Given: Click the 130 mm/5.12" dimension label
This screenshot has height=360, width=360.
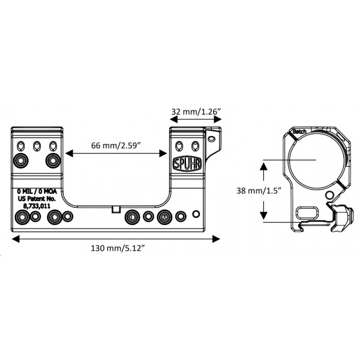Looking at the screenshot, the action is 118,248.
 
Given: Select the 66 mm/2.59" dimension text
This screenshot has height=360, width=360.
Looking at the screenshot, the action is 116,145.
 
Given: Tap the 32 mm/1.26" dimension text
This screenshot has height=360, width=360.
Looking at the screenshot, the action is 196,112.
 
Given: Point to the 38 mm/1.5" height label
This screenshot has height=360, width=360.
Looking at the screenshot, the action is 259,191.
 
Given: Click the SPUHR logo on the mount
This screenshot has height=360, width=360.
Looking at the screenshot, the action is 187,164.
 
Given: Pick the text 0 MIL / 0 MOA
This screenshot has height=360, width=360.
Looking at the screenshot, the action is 37,191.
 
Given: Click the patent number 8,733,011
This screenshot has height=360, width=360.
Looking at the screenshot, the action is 37,206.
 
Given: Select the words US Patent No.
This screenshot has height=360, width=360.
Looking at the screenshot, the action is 37,199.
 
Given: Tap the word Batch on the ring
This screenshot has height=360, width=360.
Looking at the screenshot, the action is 299,131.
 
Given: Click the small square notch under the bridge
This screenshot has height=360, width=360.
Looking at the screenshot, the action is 116,209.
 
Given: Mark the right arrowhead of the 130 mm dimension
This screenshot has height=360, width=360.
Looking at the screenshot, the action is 216,239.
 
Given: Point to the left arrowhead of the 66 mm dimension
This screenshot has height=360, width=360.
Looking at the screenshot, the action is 70,153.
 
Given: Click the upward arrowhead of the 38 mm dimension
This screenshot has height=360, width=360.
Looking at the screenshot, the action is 263,166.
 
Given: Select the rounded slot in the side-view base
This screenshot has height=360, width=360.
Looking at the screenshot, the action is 307,213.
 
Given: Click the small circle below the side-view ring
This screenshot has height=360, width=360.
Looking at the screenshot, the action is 329,195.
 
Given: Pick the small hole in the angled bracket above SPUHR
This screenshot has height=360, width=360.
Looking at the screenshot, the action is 211,139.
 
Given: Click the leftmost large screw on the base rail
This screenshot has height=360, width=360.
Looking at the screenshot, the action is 22,217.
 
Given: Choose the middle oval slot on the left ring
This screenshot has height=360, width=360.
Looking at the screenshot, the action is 37,146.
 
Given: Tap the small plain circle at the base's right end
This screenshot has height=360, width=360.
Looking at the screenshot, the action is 196,214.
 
